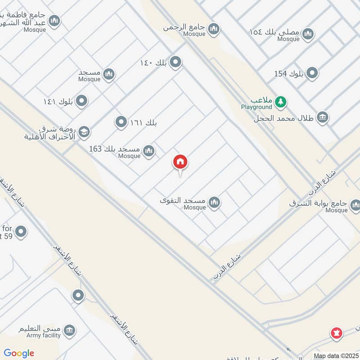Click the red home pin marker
[x=180, y=162]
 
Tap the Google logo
[x=19, y=353]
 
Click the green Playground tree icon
[x=281, y=102]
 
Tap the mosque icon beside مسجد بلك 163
[x=149, y=152]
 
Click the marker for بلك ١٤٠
[x=175, y=62]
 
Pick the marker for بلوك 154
[x=312, y=73]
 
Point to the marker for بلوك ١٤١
[x=81, y=101]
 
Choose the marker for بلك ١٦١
[x=121, y=121]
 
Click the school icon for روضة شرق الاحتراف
[x=84, y=132]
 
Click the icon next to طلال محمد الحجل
[x=322, y=118]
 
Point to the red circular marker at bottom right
[x=336, y=333]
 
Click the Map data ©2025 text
[x=335, y=355]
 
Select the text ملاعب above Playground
[x=261, y=100]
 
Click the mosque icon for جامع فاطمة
[x=54, y=21]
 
